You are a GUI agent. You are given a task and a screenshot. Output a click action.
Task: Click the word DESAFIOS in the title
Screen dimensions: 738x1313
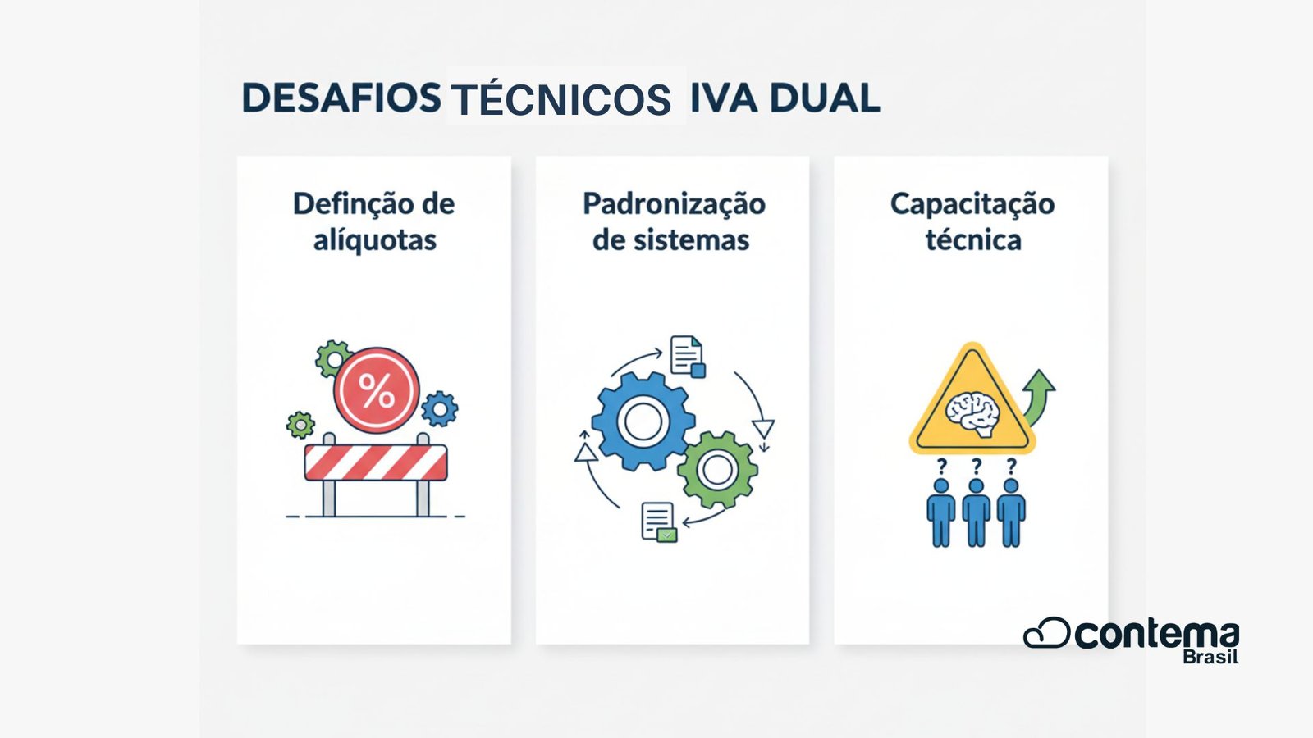point(341,98)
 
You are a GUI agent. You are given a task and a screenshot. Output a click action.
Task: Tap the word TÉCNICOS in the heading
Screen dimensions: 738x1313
point(561,100)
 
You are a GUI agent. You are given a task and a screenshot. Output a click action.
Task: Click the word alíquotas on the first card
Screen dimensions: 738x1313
point(374,241)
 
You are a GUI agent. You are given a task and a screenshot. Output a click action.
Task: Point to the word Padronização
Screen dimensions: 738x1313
point(674,204)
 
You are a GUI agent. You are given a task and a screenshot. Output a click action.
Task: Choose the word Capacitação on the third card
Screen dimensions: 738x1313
point(972,204)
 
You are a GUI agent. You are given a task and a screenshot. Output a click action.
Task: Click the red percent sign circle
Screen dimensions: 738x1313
point(377,390)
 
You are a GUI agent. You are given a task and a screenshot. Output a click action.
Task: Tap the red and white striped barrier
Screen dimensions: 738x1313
point(376,462)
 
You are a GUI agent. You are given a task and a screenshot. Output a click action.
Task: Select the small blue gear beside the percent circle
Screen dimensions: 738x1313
point(440,408)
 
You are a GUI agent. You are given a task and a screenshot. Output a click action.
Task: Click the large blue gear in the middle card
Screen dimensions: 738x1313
point(643,421)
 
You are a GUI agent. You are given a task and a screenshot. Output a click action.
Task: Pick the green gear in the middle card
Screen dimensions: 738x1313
point(717,470)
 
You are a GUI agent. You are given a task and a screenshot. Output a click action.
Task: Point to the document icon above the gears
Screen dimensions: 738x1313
point(687,356)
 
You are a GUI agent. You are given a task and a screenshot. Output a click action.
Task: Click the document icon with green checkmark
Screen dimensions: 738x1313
point(659,522)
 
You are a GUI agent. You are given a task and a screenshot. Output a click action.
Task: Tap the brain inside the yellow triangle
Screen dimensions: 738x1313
point(972,412)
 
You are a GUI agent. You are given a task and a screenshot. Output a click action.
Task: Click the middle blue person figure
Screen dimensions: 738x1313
point(976,513)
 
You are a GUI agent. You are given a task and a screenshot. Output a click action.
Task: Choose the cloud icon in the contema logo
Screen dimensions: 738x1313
point(1046,633)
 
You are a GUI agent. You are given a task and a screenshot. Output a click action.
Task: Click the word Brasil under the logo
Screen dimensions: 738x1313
point(1210,657)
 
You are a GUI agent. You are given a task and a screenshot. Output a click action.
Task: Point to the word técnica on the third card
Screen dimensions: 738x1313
point(973,241)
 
